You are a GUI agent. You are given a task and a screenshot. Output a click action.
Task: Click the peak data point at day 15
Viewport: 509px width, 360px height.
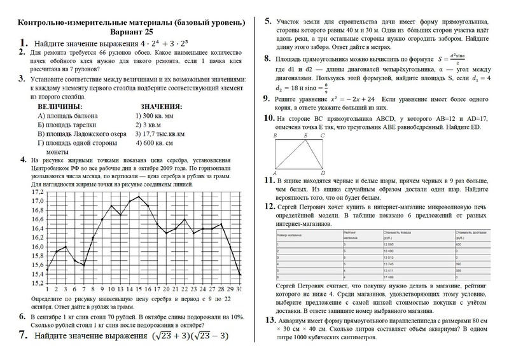coord(139,197)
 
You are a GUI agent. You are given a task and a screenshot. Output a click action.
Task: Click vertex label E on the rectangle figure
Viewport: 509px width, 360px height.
coord(307,135)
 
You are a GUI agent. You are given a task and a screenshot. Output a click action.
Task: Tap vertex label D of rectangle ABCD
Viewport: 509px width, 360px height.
coord(324,172)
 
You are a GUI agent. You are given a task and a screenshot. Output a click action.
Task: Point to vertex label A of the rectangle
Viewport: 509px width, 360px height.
coord(274,172)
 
